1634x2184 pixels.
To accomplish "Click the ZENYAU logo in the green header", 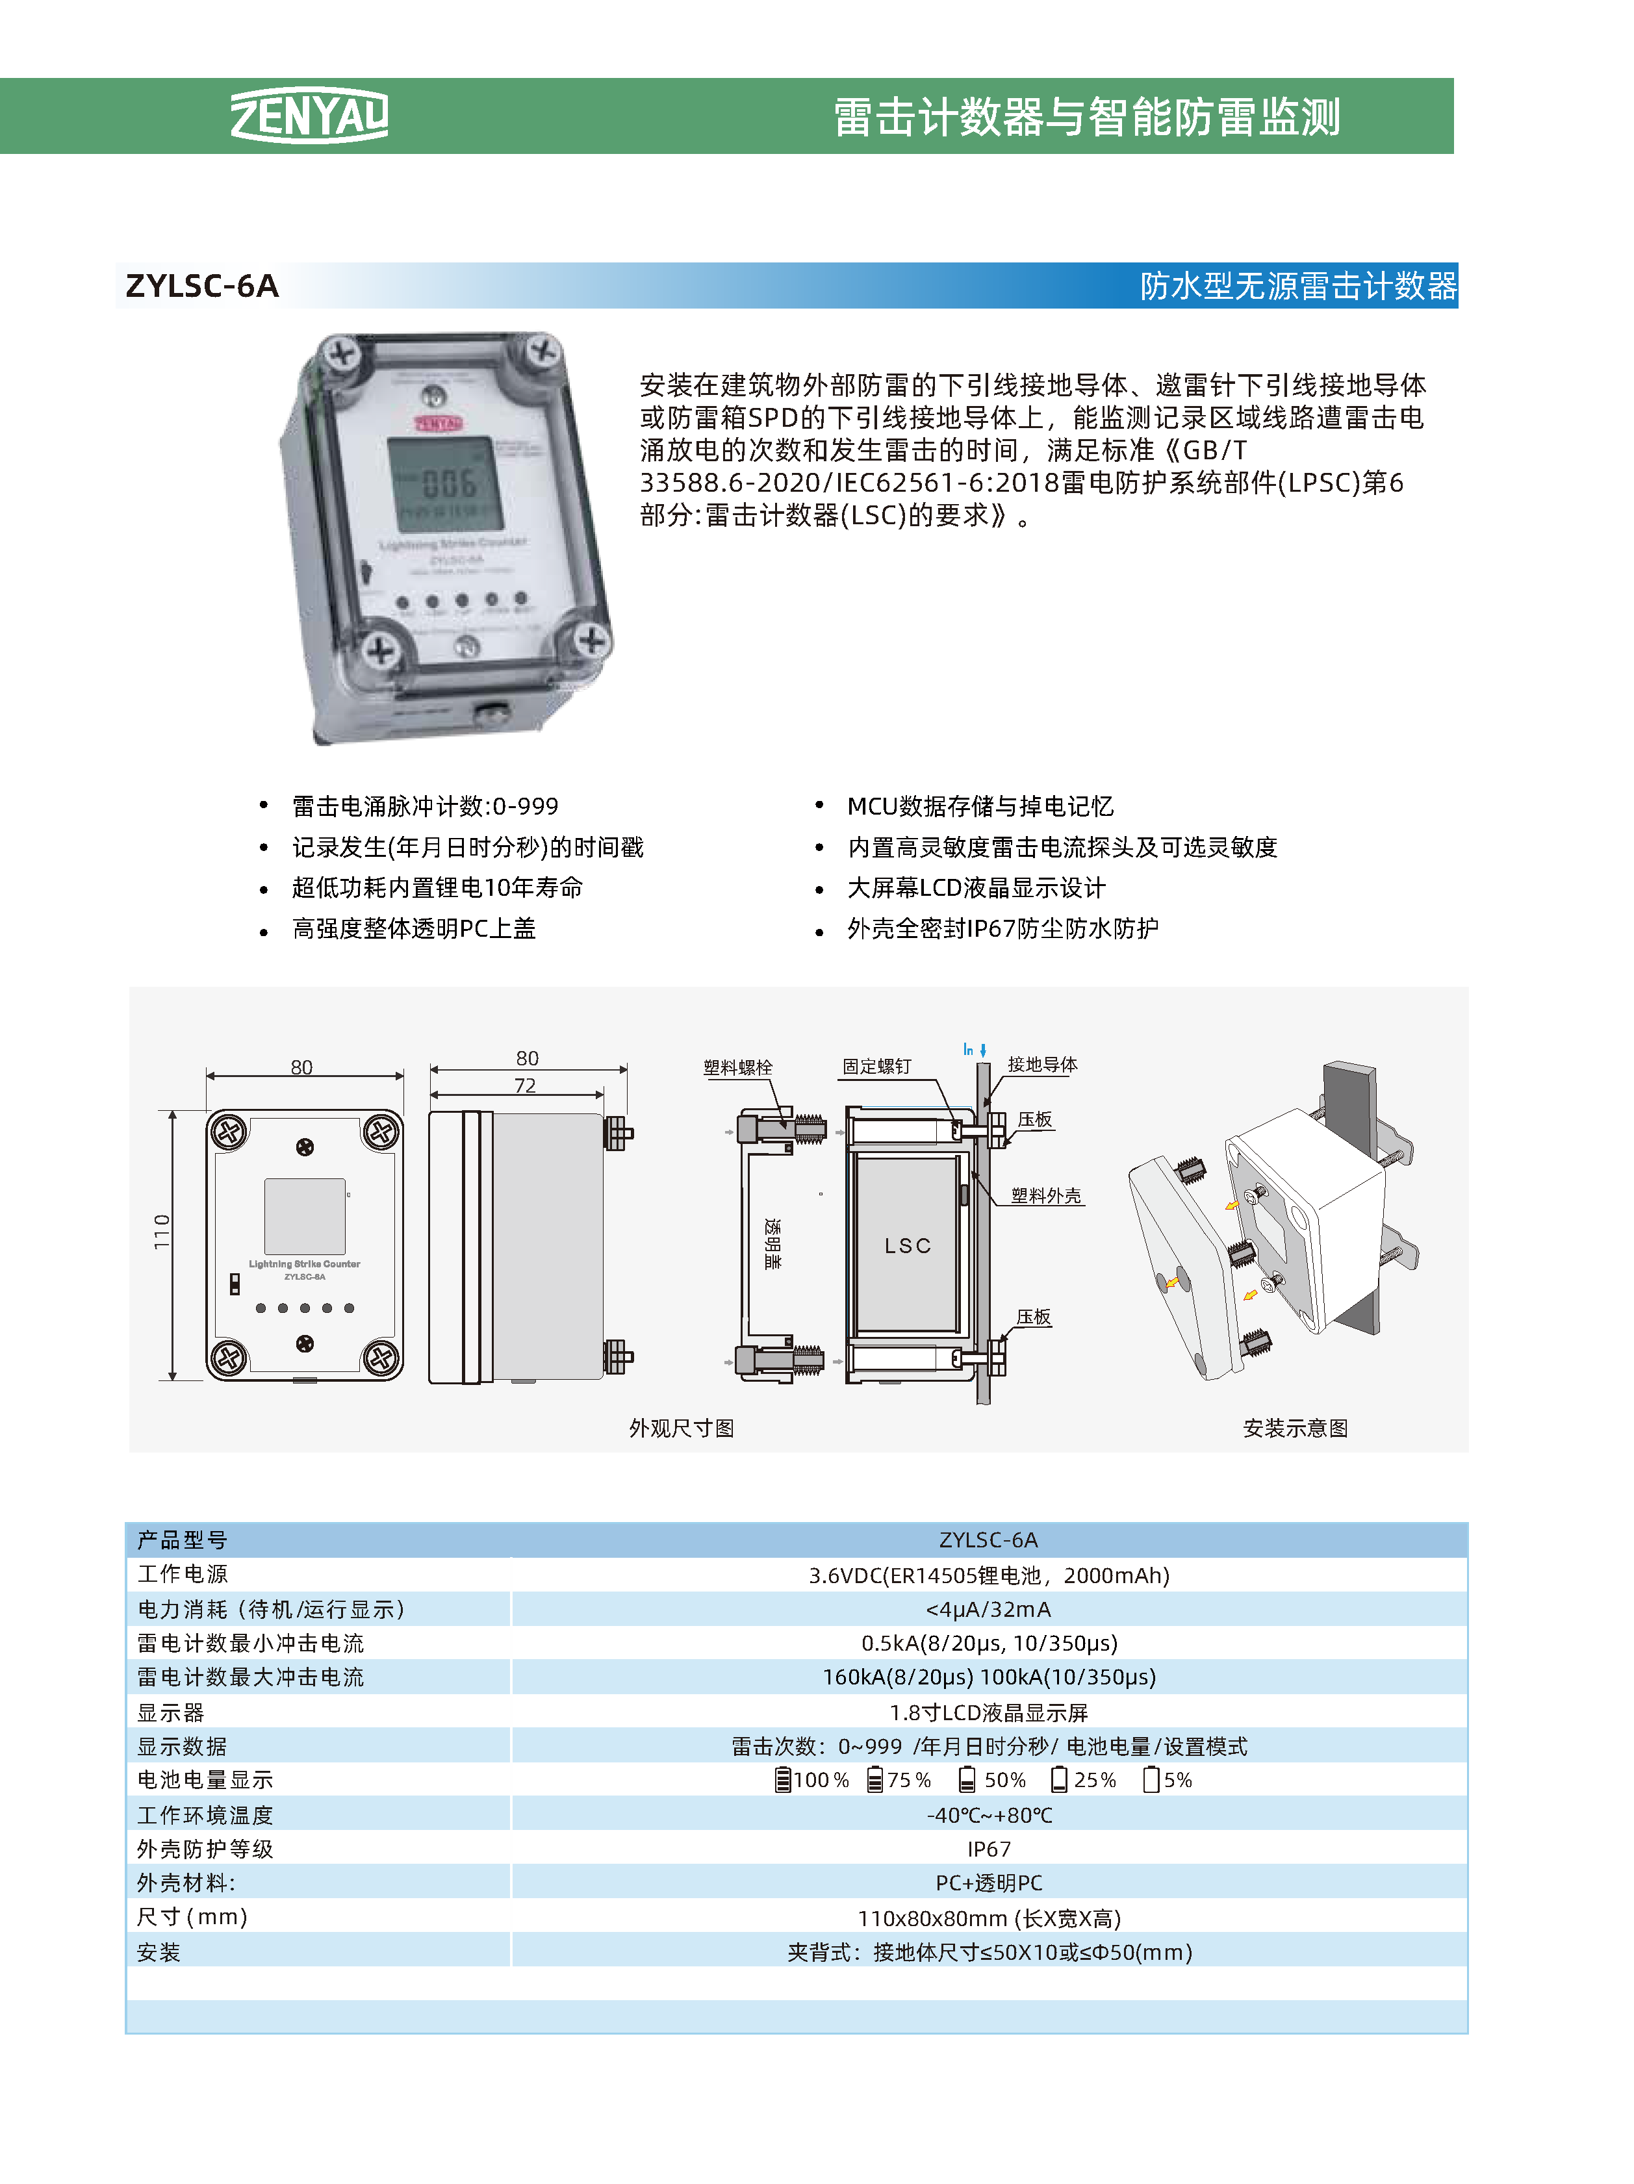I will click(309, 116).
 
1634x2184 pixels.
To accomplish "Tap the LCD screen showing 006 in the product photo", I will click(444, 483).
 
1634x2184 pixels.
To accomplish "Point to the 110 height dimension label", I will click(162, 1232).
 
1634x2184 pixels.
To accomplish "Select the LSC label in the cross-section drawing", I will click(908, 1246).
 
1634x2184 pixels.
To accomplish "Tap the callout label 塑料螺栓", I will click(737, 1067).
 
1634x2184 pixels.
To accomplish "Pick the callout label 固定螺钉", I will click(876, 1066).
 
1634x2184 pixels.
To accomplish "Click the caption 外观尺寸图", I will click(682, 1428).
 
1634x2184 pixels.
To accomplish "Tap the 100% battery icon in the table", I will click(783, 1780).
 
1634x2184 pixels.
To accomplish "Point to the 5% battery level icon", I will click(1150, 1779).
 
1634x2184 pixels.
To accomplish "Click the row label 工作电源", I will click(183, 1574).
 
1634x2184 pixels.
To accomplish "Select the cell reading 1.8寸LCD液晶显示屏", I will click(988, 1712).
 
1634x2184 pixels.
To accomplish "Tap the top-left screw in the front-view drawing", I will click(230, 1132).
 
